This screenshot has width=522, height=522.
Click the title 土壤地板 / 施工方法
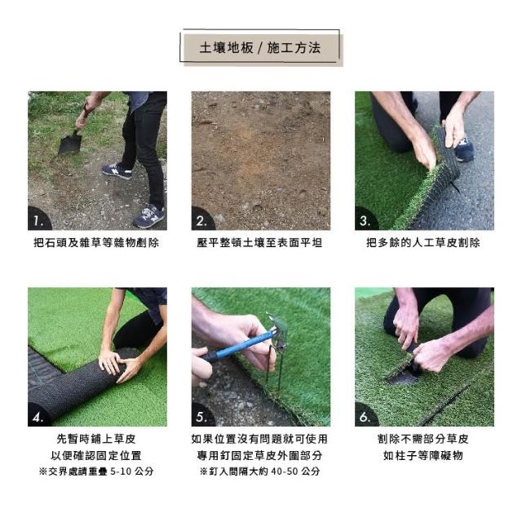[260, 48]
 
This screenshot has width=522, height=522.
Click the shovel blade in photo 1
[70, 144]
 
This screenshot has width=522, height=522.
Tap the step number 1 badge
[38, 219]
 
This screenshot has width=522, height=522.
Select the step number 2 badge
[202, 219]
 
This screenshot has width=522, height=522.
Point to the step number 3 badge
[365, 219]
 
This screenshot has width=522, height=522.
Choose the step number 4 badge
[38, 415]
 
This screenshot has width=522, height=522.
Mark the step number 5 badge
[202, 415]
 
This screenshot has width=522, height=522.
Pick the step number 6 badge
[365, 415]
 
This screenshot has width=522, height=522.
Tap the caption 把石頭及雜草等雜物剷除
[96, 243]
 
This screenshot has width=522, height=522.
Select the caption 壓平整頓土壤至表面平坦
[259, 243]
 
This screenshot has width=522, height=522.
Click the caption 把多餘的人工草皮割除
[423, 243]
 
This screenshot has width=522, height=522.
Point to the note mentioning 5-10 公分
[96, 471]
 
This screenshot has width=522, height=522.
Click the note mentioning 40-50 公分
[260, 471]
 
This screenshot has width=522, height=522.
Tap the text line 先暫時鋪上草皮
[96, 439]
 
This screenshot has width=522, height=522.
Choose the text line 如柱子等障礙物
[423, 455]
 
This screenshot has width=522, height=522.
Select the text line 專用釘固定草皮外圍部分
[259, 455]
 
